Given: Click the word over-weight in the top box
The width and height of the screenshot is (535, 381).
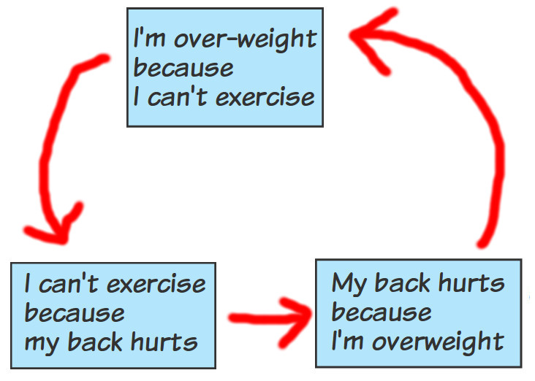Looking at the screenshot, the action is point(246,39).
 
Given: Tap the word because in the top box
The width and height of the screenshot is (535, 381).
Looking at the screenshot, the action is point(183,67).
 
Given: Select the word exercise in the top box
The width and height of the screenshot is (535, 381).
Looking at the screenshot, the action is point(265,97).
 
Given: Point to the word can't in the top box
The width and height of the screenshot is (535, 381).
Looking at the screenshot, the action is point(178,96).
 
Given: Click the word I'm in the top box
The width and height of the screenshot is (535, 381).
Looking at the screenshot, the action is point(149,37).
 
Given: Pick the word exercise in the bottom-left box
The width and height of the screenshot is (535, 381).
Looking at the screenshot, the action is point(156,283).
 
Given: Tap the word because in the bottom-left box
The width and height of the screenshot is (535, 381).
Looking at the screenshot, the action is point(75,312).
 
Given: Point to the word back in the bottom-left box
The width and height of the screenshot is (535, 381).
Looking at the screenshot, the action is point(94,341).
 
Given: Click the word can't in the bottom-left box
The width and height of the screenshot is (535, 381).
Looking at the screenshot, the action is point(69,282).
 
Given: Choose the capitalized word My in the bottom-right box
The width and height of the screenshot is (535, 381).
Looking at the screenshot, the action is point(349,284).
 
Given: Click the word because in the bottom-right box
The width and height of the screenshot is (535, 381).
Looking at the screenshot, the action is point(382,312).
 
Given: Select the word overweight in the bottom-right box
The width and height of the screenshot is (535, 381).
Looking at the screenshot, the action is point(438,341).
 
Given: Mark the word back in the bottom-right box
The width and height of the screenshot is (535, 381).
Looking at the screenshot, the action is point(402,282).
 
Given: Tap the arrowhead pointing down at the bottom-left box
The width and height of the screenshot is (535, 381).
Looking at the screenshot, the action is point(56,226).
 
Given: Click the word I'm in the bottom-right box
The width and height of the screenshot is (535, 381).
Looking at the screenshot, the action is point(347,340).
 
